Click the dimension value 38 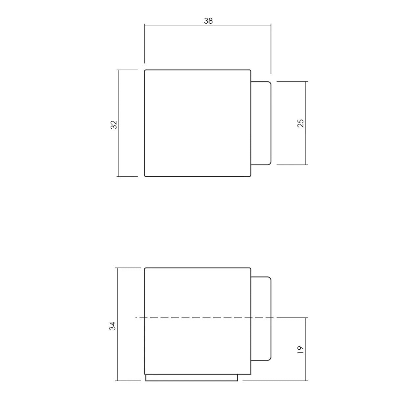pyautogui.click(x=208, y=21)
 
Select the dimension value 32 pyautogui.click(x=114, y=124)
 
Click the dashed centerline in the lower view pyautogui.click(x=197, y=318)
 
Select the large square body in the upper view pyautogui.click(x=198, y=123)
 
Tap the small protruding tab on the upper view pyautogui.click(x=261, y=123)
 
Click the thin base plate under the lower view pyautogui.click(x=191, y=378)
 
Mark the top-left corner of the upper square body pyautogui.click(x=145, y=70)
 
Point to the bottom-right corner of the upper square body pyautogui.click(x=251, y=176)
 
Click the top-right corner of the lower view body pyautogui.click(x=251, y=268)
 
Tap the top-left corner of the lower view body pyautogui.click(x=145, y=268)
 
